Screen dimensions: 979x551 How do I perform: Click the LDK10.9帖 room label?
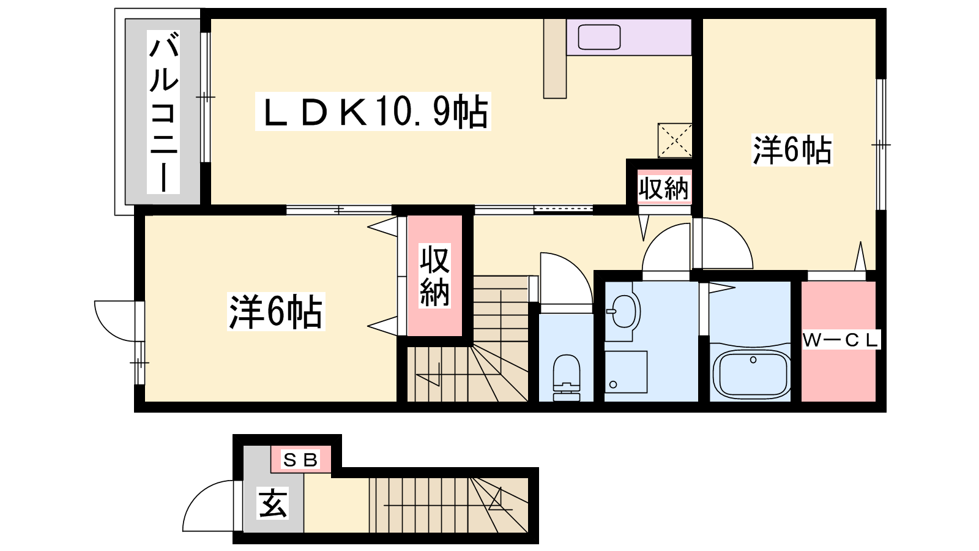coord(373,111)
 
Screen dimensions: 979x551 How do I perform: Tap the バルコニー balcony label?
coord(163,112)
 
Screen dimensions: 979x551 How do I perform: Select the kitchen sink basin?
coord(599,37)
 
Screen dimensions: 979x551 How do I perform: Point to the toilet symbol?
coord(567,378)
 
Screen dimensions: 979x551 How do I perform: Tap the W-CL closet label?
coord(841,340)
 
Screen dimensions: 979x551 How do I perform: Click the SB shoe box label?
coord(300,460)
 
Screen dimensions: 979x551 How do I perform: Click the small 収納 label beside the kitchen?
coord(663,189)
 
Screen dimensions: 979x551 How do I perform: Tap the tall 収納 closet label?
coord(434,276)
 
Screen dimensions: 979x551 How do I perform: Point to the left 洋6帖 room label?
coord(276,312)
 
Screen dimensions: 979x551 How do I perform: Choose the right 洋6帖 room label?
coord(792,150)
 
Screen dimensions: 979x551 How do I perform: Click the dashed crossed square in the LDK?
coord(675,140)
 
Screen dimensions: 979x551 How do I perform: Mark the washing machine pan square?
coord(626,372)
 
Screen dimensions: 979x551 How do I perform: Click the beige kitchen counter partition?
coord(554,58)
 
